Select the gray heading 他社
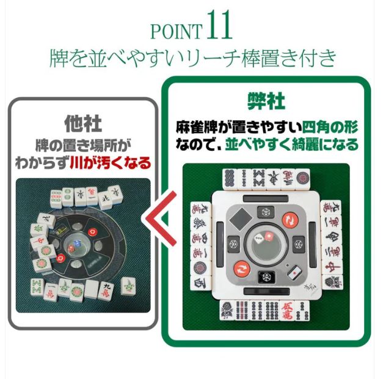click(x=82, y=123)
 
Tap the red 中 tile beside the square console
click(x=332, y=266)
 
